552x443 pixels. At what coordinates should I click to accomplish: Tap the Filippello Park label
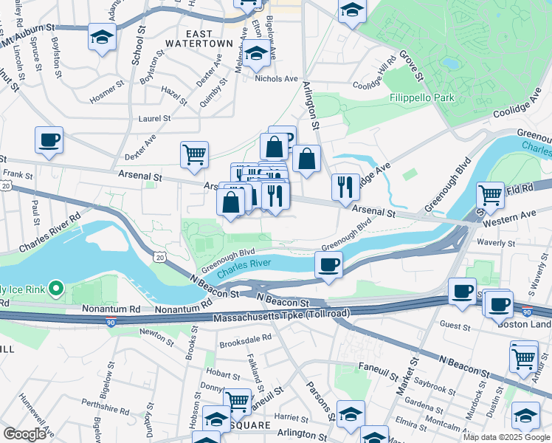click(x=422, y=97)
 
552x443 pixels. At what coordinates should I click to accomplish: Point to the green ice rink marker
click(x=55, y=288)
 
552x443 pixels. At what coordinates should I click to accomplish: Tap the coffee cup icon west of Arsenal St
click(x=49, y=140)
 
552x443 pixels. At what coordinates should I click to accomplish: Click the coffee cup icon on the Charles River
click(x=328, y=264)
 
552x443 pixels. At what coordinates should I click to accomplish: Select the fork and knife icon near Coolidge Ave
click(x=345, y=187)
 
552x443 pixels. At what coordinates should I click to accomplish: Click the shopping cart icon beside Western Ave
click(x=490, y=196)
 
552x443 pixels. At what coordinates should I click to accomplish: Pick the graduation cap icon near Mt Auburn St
click(x=102, y=37)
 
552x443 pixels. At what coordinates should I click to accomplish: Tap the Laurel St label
click(x=154, y=118)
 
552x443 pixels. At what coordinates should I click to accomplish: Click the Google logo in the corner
click(x=24, y=433)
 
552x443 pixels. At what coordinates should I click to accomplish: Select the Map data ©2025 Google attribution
click(x=506, y=437)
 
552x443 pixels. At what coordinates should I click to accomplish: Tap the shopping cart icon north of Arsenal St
click(x=194, y=154)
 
